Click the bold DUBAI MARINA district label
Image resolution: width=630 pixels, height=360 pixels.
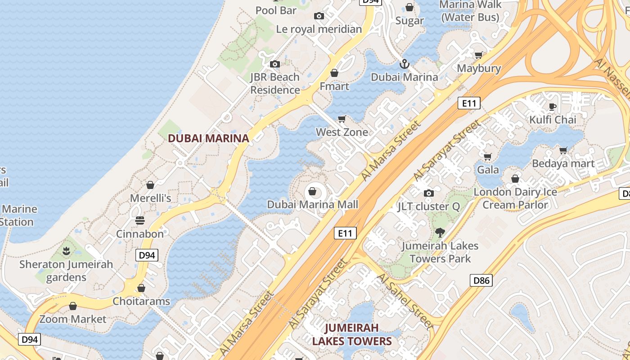208,138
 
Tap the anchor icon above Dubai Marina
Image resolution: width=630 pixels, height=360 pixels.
405,64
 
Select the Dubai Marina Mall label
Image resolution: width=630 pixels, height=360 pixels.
312,205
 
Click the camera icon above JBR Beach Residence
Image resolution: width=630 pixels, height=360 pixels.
275,64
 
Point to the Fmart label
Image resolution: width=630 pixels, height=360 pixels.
334,86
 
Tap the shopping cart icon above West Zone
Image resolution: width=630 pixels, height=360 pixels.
342,119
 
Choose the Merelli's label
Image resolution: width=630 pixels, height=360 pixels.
150,198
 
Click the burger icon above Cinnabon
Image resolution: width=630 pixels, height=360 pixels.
140,220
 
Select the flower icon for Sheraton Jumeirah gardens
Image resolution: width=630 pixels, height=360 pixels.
66,251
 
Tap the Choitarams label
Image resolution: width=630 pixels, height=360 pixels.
141,301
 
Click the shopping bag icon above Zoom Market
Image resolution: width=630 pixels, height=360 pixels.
73,306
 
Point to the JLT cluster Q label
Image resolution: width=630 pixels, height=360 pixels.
428,207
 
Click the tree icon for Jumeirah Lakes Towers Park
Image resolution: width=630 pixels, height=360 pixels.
440,233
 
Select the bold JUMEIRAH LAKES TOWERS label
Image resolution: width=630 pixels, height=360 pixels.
352,334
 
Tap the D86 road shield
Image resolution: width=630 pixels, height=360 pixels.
481,281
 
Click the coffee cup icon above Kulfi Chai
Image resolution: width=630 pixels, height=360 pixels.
552,107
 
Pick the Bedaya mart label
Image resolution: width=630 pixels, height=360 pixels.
563,164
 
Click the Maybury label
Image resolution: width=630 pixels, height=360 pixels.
479,68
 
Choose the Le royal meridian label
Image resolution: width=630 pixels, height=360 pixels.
319,29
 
